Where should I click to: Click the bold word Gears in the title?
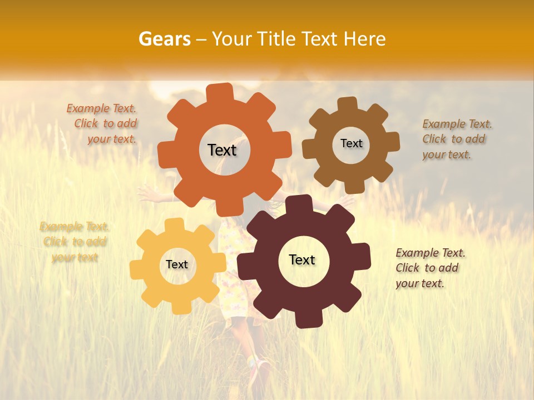coord(164,39)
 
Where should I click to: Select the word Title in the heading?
coord(276,39)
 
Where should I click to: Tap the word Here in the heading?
coord(364,39)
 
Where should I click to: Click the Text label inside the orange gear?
coord(222,150)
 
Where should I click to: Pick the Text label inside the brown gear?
coord(351,143)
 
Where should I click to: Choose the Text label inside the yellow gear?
coord(176,265)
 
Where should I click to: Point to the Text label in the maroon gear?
coord(302,260)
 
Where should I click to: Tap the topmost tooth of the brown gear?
coord(348,104)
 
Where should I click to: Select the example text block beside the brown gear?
coord(456,139)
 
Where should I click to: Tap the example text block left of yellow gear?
coord(75,242)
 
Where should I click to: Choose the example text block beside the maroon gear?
coord(429,268)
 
